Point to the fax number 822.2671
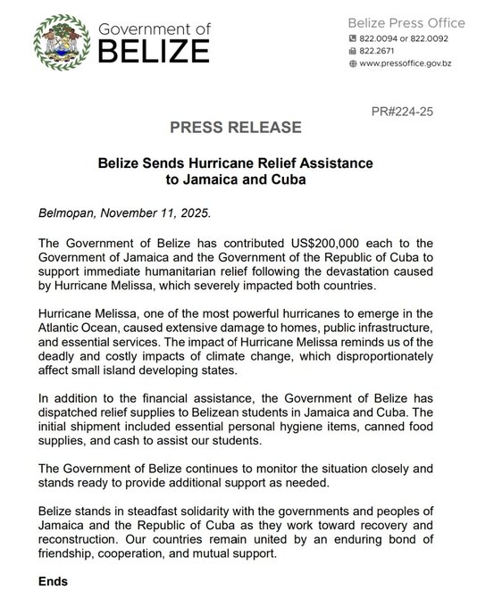[x=381, y=53]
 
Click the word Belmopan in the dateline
[x=70, y=214]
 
